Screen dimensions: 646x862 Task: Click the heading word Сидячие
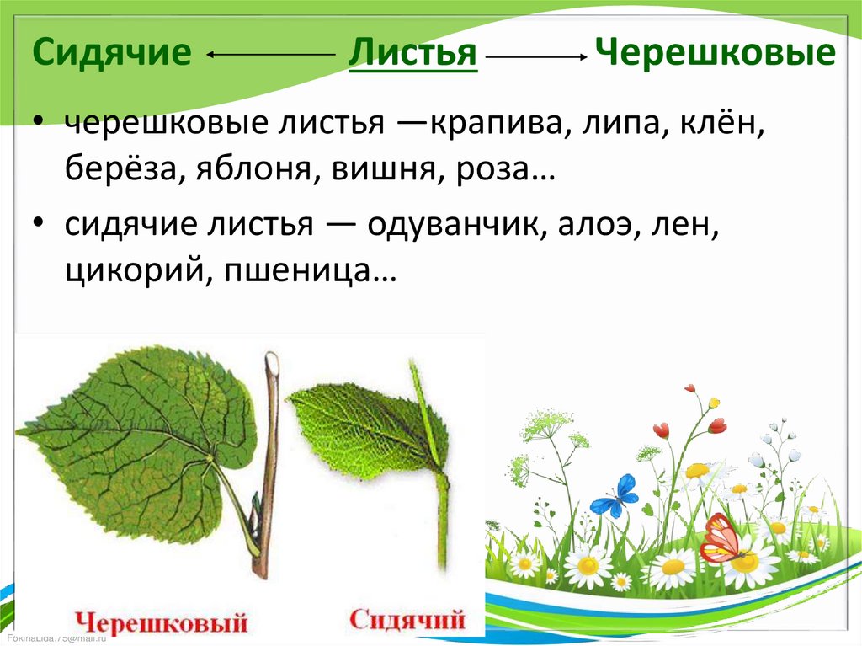112,54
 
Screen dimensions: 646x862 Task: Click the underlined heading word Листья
413,54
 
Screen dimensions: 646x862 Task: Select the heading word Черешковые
715,54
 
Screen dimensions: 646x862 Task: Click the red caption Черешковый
162,624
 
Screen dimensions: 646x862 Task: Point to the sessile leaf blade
362,425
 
